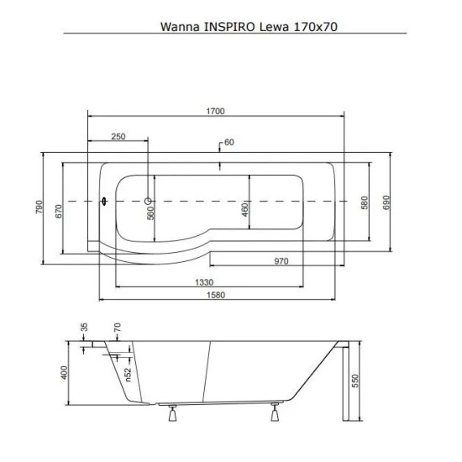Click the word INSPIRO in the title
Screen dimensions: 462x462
pyautogui.click(x=229, y=27)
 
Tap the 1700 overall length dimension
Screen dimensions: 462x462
pyautogui.click(x=215, y=111)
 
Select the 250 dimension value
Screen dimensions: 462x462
pyautogui.click(x=118, y=136)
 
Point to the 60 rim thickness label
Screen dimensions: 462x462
pyautogui.click(x=229, y=142)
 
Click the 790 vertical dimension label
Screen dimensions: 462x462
pyautogui.click(x=39, y=207)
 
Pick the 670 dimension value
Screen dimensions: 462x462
pyautogui.click(x=59, y=211)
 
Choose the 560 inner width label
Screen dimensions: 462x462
pyautogui.click(x=150, y=213)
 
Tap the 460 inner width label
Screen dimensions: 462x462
pyautogui.click(x=244, y=209)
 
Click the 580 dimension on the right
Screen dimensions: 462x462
pyautogui.click(x=365, y=202)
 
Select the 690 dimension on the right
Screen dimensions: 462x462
pyautogui.click(x=386, y=202)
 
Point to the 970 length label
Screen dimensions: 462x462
pyautogui.click(x=281, y=261)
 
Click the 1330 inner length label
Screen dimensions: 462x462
pyautogui.click(x=204, y=282)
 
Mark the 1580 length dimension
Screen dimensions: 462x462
pyautogui.click(x=216, y=295)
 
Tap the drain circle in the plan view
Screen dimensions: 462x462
pyautogui.click(x=148, y=202)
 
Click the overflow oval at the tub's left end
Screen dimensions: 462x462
pyautogui.click(x=104, y=202)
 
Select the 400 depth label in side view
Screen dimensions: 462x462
pyautogui.click(x=64, y=372)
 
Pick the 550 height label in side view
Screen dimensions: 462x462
pyautogui.click(x=355, y=381)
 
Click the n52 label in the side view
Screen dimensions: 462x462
pyautogui.click(x=129, y=375)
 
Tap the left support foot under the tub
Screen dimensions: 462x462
pyautogui.click(x=173, y=413)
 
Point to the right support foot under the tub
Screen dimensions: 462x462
pyautogui.click(x=275, y=412)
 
